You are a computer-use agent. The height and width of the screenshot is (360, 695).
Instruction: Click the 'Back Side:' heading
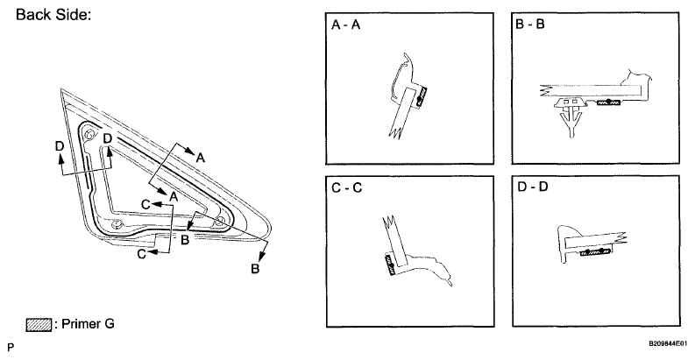click(x=53, y=15)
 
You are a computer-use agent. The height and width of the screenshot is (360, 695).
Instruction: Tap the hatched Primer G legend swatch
click(x=39, y=325)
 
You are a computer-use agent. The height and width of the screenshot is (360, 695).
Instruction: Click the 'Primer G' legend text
click(x=88, y=324)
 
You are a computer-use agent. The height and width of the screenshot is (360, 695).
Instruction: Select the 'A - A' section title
click(x=345, y=25)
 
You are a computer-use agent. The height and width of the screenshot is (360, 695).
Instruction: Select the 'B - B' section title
click(x=530, y=24)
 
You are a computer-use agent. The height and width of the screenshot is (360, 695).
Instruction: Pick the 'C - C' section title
click(x=346, y=187)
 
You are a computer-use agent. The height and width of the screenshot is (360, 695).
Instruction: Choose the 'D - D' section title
click(x=532, y=187)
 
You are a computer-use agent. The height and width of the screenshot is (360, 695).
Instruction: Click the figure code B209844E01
click(x=668, y=343)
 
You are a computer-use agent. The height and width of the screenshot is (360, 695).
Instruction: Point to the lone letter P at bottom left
click(x=11, y=347)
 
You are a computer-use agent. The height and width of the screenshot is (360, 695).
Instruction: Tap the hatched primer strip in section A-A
click(x=422, y=96)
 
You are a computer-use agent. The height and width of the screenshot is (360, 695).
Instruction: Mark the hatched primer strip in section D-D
click(x=595, y=252)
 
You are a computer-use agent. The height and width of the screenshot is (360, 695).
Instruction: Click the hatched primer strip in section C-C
click(x=390, y=265)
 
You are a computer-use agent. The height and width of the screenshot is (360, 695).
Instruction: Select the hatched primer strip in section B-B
click(x=608, y=103)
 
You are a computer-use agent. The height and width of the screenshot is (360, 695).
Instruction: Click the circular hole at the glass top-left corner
click(x=89, y=135)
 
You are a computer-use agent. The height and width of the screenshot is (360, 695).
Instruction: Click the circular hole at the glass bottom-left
click(x=117, y=224)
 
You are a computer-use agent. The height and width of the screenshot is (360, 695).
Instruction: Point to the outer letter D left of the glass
click(x=60, y=145)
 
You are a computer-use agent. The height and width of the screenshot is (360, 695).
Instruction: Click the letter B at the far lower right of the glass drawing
click(x=255, y=268)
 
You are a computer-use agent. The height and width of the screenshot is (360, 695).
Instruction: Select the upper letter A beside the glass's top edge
click(x=201, y=157)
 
